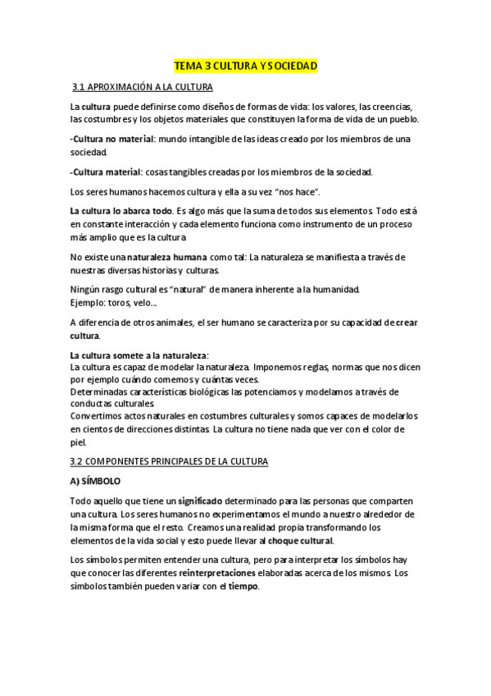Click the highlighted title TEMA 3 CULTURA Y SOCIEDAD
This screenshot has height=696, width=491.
coord(246,66)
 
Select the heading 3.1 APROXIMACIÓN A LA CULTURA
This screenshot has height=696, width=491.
coord(143,87)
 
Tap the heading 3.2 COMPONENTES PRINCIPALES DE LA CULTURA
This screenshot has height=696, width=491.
coord(169,462)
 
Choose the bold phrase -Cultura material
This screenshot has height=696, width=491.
coord(105,172)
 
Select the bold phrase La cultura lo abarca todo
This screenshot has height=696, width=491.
coord(120,211)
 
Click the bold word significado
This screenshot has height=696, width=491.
coord(203,501)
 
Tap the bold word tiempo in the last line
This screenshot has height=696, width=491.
coord(243,587)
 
